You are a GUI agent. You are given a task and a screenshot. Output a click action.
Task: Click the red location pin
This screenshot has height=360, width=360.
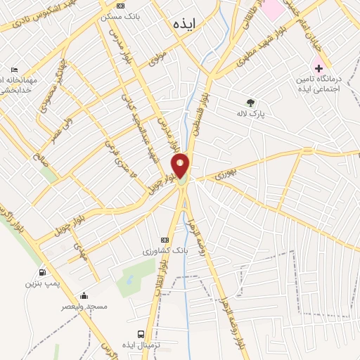181,165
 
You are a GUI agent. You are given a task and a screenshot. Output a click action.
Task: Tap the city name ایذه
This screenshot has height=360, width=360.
185,23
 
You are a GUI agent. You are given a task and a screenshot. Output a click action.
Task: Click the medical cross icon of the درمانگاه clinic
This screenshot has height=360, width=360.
319,69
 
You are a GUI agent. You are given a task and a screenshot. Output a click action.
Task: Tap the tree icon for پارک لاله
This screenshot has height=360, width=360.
251,103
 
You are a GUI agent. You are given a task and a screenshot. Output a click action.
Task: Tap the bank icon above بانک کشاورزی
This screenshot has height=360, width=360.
166,240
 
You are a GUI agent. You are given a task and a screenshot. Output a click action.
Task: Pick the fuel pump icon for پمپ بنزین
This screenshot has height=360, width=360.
43,273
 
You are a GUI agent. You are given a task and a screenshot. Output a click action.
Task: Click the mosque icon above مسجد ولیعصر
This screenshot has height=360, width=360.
84,296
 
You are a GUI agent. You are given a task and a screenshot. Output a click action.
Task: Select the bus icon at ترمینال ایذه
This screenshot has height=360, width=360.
141,334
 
